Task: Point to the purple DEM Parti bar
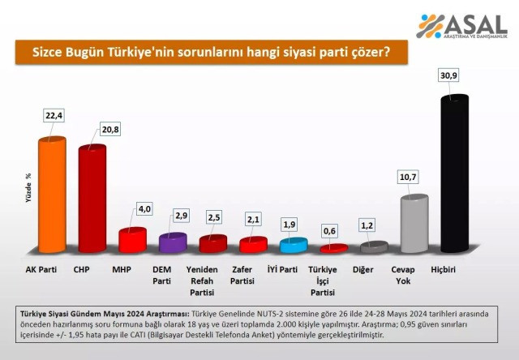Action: pyautogui.click(x=173, y=242)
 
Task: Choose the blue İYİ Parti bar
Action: pyautogui.click(x=293, y=245)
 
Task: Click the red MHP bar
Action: pyautogui.click(x=132, y=240)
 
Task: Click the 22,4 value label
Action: pyautogui.click(x=54, y=116)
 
